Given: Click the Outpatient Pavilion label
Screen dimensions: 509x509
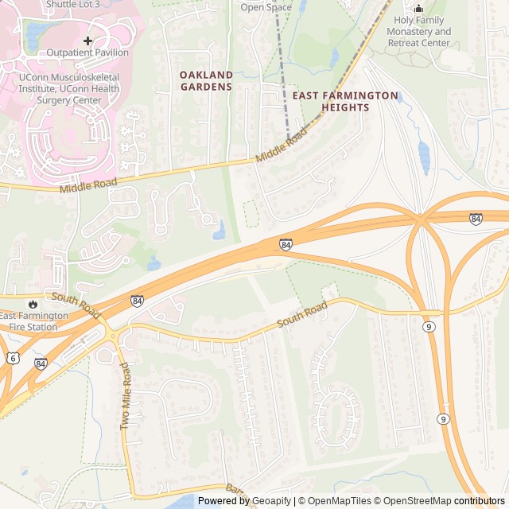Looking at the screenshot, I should click(87, 52).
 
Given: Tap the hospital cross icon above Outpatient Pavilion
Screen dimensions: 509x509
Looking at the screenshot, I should click(87, 40).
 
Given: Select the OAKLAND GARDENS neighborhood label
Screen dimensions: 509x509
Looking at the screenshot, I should click(206, 80).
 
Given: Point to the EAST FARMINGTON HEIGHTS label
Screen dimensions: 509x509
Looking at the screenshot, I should click(345, 101).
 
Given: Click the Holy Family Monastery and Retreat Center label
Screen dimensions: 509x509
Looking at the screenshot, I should click(419, 32).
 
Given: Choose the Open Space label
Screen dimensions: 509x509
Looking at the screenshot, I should click(266, 7).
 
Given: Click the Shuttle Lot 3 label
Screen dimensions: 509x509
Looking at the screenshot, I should click(73, 4).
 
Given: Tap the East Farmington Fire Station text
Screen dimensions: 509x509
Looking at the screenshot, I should click(34, 321).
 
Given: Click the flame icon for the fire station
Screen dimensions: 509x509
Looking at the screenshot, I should click(32, 304).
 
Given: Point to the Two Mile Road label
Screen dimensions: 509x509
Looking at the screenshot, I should click(125, 398).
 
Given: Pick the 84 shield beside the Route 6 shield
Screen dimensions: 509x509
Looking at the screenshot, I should click(41, 363).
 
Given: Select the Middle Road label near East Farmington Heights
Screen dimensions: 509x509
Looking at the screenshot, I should click(282, 147).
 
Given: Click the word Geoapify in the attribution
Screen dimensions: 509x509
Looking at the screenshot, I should click(271, 501).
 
